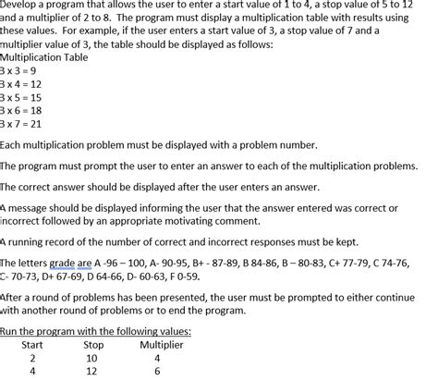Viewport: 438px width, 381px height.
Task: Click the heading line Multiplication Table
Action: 45,56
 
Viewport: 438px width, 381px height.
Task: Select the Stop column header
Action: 93,345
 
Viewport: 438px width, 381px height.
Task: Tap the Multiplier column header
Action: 162,345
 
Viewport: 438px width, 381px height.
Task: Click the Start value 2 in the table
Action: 33,358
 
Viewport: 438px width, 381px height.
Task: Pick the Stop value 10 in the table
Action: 92,358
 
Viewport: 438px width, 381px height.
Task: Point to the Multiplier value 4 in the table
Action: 157,358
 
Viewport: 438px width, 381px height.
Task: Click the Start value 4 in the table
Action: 33,372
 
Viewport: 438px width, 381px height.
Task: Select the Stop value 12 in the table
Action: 92,372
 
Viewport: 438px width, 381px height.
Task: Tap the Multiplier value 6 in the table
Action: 157,372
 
